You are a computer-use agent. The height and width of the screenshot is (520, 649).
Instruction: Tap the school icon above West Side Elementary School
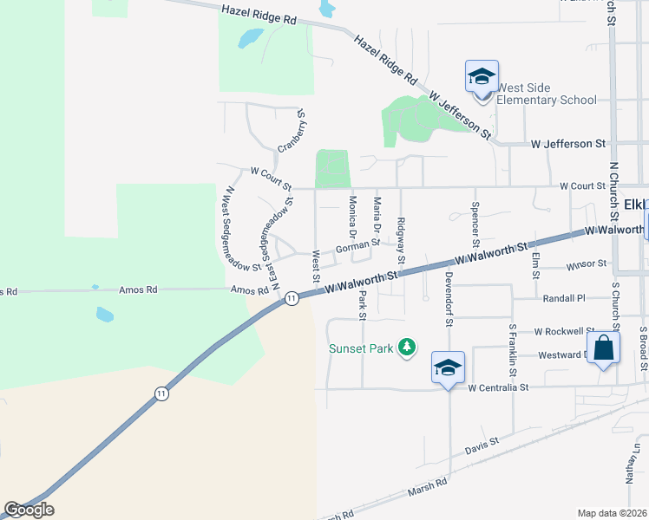click(x=482, y=77)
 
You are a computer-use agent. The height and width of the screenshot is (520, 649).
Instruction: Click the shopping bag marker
click(x=603, y=348)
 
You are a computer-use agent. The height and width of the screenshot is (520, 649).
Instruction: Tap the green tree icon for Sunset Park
click(x=406, y=348)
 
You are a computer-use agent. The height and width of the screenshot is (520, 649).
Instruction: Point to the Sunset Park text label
click(x=360, y=349)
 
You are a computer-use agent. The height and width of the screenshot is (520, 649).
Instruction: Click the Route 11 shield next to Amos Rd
click(x=292, y=298)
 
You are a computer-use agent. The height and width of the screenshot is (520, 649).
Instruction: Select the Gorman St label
click(x=357, y=245)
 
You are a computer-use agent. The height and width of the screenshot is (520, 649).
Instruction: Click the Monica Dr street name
click(x=353, y=217)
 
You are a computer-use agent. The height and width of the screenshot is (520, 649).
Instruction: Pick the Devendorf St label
click(x=449, y=299)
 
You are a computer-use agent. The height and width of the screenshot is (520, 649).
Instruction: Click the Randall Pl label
click(x=564, y=297)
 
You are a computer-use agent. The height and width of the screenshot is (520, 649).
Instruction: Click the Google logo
click(x=29, y=509)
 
